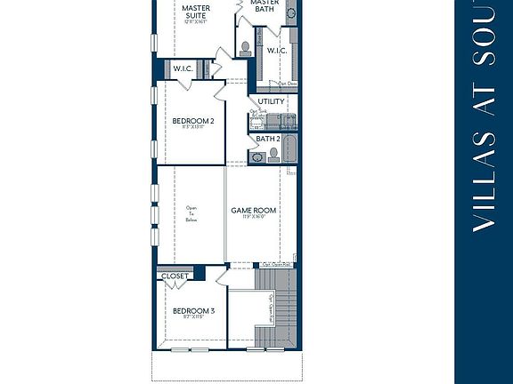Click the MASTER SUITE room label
coord(196,12)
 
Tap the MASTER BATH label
coord(265,7)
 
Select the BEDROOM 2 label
coord(192,120)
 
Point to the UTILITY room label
coord(271,101)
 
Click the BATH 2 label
coord(268,139)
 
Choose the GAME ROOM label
coord(254,211)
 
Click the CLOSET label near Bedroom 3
coord(175,276)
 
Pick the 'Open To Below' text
coord(191,214)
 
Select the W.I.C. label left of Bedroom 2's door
coord(183,69)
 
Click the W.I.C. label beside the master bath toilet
coord(276,51)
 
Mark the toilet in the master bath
coord(246,46)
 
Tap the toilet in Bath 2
coord(273,156)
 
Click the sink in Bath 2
coord(257,157)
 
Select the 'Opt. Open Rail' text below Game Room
coord(277,264)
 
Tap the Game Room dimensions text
coord(254,218)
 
